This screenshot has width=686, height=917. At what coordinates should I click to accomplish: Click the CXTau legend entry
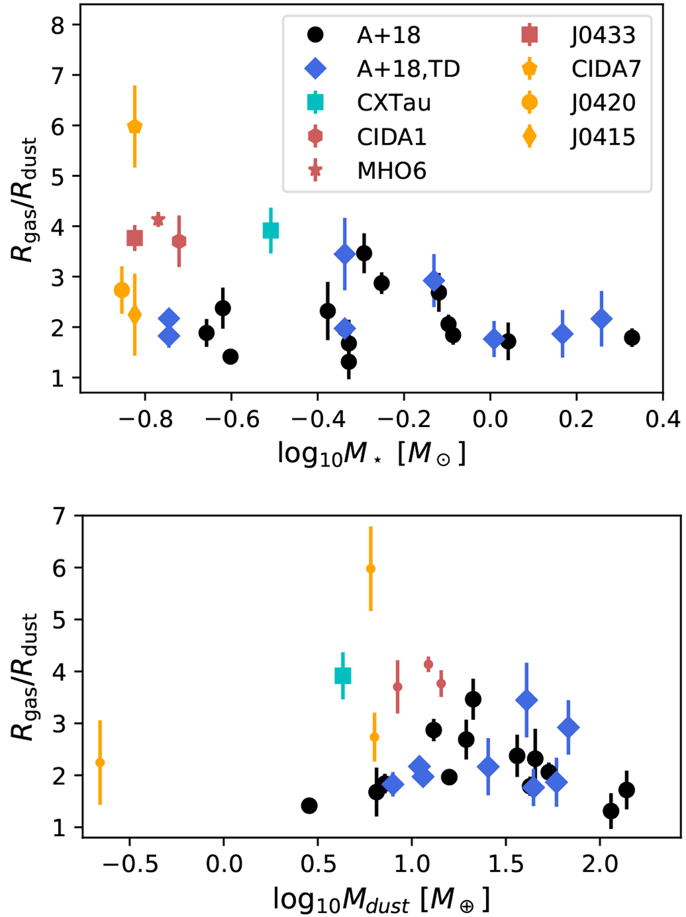tap(393, 103)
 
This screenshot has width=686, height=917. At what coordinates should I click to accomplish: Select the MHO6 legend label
tap(392, 171)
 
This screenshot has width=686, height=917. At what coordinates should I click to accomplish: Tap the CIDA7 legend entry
tap(606, 69)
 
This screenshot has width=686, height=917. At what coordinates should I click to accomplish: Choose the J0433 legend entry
tap(603, 35)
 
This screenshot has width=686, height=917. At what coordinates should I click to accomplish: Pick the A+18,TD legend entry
tap(408, 69)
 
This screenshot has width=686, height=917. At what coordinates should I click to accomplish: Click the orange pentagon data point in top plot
tap(135, 126)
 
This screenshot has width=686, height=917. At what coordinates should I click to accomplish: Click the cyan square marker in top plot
tap(271, 230)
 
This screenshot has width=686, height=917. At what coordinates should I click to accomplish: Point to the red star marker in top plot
tap(158, 220)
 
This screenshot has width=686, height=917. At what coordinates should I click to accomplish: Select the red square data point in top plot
tap(135, 238)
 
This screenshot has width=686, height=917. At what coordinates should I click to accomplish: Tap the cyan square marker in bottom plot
tap(342, 676)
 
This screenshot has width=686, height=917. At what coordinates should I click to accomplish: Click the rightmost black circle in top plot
tap(632, 338)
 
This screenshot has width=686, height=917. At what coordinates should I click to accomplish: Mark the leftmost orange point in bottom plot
tap(100, 763)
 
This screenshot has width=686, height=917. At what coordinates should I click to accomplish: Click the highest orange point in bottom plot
tap(370, 569)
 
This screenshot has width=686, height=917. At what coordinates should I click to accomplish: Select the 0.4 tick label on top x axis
tap(662, 420)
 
